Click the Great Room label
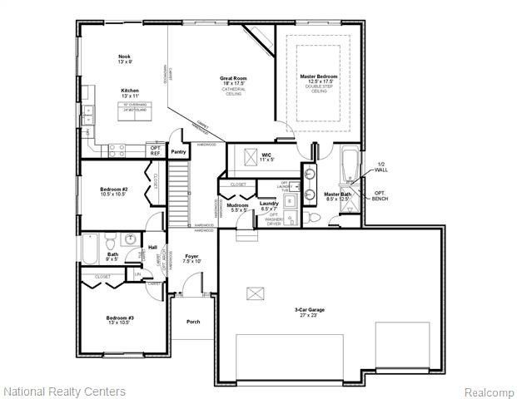(233, 79)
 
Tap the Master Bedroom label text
(319, 76)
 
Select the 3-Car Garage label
(309, 310)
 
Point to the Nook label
(124, 57)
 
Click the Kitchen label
(129, 90)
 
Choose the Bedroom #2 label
(113, 190)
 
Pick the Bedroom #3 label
(120, 318)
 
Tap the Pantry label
(178, 152)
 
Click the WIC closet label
(266, 155)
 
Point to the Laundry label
(268, 204)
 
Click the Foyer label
(191, 256)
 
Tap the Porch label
(193, 322)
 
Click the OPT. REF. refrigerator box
(155, 150)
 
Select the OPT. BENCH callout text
(380, 195)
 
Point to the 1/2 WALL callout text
(380, 167)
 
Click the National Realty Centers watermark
(65, 391)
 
